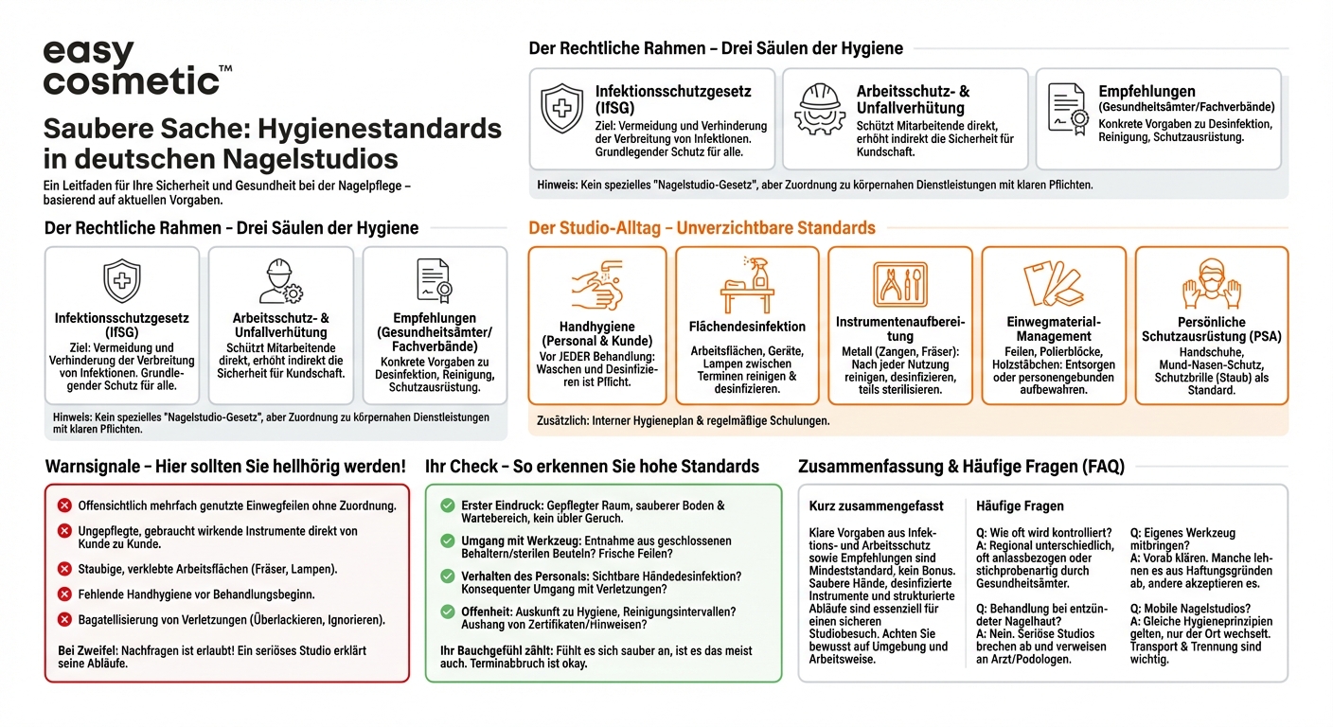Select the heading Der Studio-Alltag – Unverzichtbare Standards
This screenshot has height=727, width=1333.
[702, 228]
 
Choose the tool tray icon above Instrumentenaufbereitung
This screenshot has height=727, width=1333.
[899, 284]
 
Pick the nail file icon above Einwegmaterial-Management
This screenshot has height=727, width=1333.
[1053, 284]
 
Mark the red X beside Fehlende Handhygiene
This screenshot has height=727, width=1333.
[64, 594]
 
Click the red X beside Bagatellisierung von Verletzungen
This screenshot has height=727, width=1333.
[64, 620]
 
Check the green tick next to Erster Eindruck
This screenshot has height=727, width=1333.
[448, 506]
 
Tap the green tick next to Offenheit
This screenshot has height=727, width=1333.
[448, 612]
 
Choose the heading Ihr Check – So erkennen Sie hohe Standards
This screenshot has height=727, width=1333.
[592, 467]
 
